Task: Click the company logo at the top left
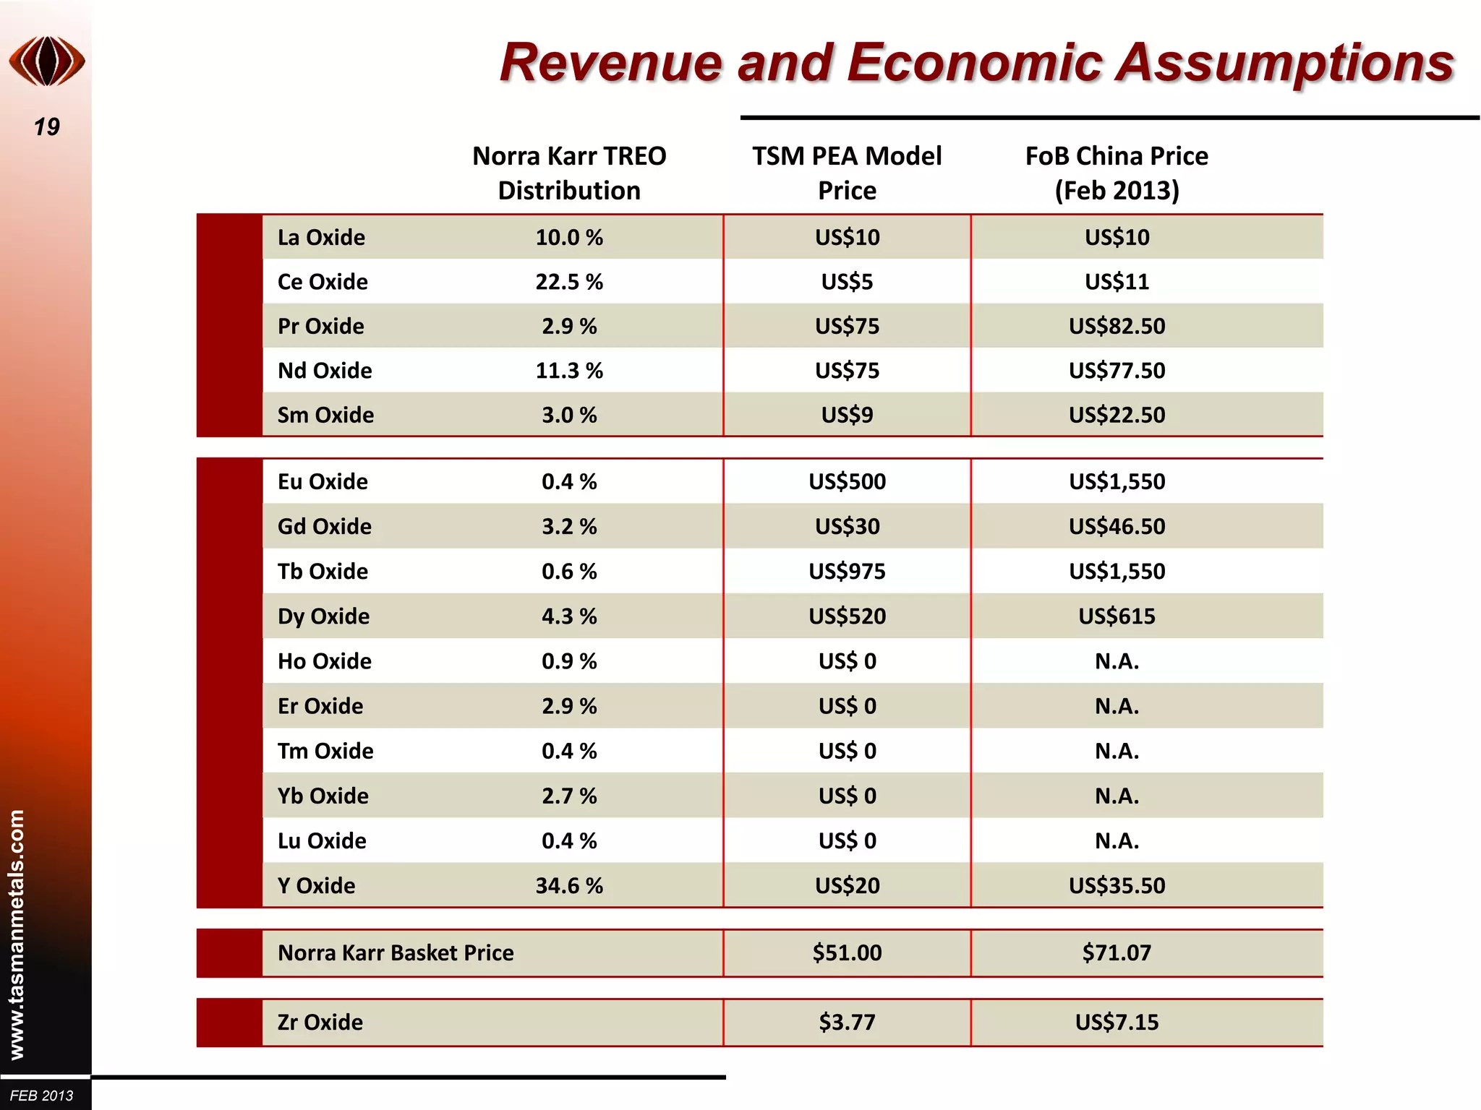47,61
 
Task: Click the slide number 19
47,127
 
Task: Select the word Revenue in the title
610,63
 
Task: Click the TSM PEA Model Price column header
847,173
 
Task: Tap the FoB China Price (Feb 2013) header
1117,173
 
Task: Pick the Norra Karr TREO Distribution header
569,173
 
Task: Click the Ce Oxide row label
323,282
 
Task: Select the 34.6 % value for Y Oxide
569,886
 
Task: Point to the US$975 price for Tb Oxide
847,572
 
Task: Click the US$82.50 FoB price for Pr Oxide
1117,327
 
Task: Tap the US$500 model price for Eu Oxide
847,482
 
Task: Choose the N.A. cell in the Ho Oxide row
1117,661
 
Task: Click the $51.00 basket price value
847,953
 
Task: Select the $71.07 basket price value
1117,953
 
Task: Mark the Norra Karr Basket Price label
396,953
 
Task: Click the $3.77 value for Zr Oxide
847,1023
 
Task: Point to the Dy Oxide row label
323,616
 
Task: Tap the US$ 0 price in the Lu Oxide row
847,841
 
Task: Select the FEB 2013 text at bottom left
42,1096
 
